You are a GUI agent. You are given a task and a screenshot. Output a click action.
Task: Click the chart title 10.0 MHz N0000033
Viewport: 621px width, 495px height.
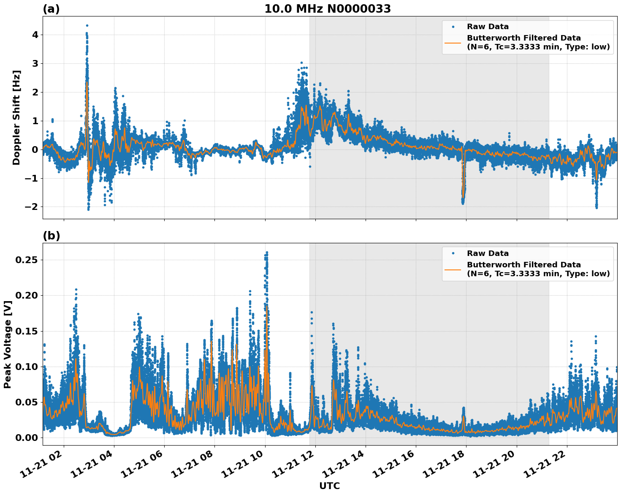pyautogui.click(x=327, y=9)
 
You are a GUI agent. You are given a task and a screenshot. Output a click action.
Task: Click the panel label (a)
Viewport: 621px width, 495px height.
pyautogui.click(x=51, y=9)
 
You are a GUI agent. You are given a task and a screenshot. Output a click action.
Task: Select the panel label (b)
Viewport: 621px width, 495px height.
pyautogui.click(x=51, y=236)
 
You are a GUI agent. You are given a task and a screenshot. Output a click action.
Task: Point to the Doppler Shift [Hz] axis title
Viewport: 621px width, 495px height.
pyautogui.click(x=16, y=117)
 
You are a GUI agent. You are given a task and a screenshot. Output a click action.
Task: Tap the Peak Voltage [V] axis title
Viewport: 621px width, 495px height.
pyautogui.click(x=7, y=344)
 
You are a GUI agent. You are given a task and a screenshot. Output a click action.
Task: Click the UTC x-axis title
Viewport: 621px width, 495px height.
pyautogui.click(x=329, y=486)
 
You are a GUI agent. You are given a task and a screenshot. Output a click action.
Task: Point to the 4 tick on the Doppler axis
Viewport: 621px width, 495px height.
pyautogui.click(x=35, y=35)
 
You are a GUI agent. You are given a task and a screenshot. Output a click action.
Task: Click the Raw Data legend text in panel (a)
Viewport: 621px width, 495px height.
pyautogui.click(x=488, y=27)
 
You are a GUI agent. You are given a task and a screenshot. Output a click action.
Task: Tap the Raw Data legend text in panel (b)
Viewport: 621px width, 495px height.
pyautogui.click(x=488, y=253)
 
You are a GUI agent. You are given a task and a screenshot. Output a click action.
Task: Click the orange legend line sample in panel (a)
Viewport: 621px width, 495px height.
pyautogui.click(x=453, y=42)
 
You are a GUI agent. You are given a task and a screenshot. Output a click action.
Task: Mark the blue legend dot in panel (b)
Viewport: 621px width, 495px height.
pyautogui.click(x=453, y=253)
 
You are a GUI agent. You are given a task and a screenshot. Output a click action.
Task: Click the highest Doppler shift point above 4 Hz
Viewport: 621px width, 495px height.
pyautogui.click(x=87, y=25)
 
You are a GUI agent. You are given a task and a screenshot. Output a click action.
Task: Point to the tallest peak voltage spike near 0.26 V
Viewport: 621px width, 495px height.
pyautogui.click(x=267, y=253)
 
